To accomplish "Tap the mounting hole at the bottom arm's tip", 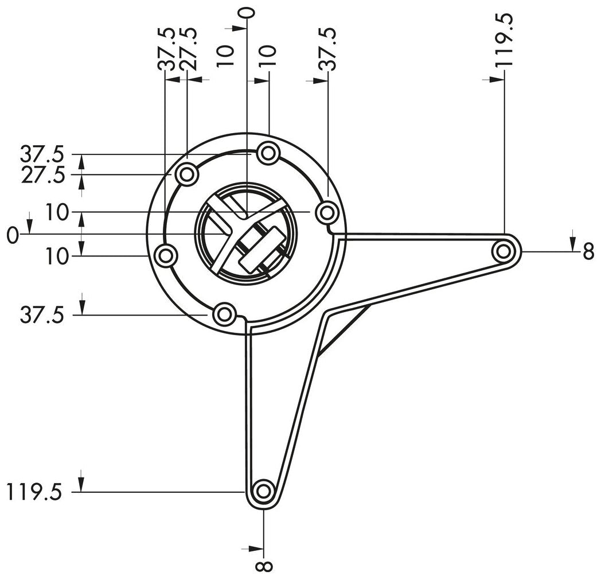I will pos(263,491).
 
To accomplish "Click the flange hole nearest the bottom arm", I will pos(224,314).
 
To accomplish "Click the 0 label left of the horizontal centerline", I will pos(11,235).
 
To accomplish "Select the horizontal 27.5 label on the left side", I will pos(44,174).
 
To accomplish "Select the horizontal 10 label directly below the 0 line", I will pos(57,257).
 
